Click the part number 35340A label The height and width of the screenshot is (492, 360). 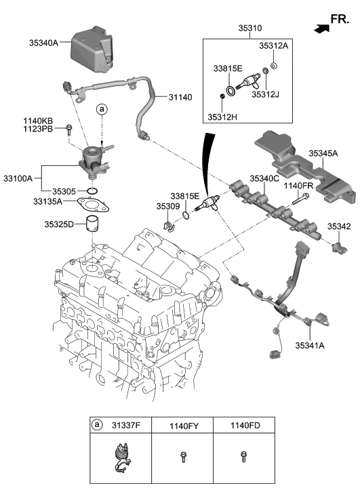pos(45,42)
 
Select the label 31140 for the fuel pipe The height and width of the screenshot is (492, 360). pos(176,98)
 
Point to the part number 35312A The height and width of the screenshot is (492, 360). pos(273,46)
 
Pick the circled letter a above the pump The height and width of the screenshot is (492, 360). pos(101,108)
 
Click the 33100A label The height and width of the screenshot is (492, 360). pos(19,178)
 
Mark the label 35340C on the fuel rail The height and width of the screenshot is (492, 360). pos(264,178)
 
